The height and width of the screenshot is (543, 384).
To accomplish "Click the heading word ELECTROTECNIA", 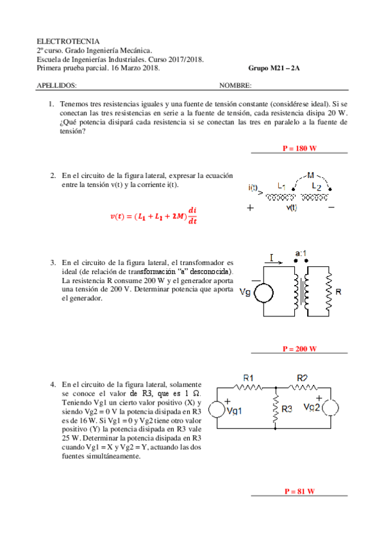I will pos(63,40).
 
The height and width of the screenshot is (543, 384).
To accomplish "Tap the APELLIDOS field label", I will pos(57,85).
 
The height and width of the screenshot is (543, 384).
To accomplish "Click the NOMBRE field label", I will pos(235,85).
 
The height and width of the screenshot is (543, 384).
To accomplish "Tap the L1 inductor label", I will pos(281,186).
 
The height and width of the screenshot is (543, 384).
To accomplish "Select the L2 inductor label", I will pos(316,186).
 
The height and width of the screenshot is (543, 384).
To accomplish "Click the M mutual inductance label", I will pos(311,174).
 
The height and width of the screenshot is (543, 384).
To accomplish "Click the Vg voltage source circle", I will pos(263,293).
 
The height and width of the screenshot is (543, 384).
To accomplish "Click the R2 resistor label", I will pos(303,377).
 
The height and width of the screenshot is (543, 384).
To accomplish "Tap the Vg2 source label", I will pos(312,408).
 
